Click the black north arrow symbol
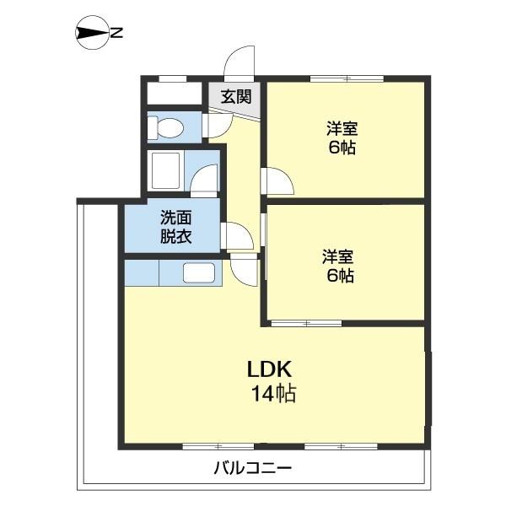[x=91, y=34]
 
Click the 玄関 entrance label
[x=235, y=96]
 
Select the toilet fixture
[x=167, y=127]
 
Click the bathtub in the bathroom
[x=167, y=172]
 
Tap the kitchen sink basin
[x=200, y=273]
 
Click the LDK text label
[x=269, y=369]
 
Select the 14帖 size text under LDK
[x=272, y=393]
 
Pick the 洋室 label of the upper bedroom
[x=342, y=129]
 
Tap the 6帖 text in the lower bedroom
[x=341, y=275]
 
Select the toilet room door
[x=218, y=123]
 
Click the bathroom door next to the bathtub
[x=205, y=180]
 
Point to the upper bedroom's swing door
[x=277, y=180]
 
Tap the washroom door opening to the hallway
[x=237, y=235]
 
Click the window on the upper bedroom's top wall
[x=347, y=78]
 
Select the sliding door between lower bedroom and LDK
[x=305, y=322]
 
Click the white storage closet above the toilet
[x=174, y=92]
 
